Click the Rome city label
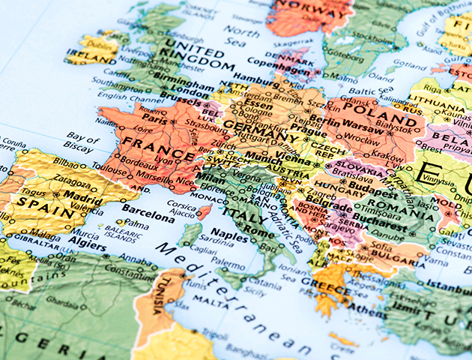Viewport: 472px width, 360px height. coord(260,232)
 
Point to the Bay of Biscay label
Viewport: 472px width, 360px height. coord(82,142)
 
